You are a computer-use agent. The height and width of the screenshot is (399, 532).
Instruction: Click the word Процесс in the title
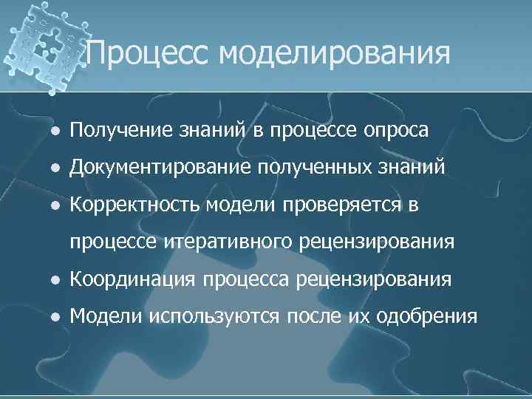pos(149,54)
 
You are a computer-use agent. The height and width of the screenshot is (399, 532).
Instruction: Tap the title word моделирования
pos(335,54)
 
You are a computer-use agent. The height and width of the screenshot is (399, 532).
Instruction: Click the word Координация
pos(132,279)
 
